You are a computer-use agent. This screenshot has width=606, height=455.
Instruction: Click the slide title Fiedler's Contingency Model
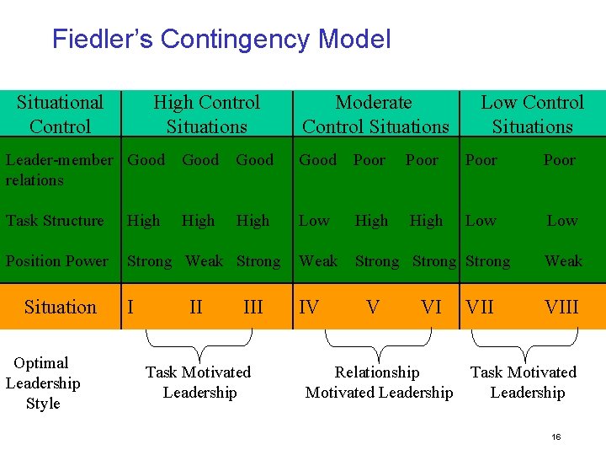(x=221, y=39)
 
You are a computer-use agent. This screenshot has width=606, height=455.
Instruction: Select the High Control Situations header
(x=206, y=114)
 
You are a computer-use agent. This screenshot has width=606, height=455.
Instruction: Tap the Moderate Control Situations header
(x=375, y=114)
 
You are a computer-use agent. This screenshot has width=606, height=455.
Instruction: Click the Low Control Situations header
(x=532, y=114)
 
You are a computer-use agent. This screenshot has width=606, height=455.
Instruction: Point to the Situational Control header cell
(x=60, y=114)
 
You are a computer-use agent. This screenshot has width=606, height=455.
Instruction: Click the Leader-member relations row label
(x=59, y=169)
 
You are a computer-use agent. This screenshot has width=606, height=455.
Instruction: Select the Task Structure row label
(x=55, y=221)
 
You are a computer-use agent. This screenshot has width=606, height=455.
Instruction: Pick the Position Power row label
(x=57, y=261)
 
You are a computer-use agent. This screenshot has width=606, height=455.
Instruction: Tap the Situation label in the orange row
(x=61, y=307)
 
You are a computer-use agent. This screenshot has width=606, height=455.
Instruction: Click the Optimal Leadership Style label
(x=43, y=383)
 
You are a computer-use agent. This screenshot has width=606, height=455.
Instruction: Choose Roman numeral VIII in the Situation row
(x=561, y=307)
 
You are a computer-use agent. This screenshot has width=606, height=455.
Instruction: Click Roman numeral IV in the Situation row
(x=309, y=307)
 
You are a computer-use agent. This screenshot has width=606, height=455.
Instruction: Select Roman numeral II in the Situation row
(x=196, y=307)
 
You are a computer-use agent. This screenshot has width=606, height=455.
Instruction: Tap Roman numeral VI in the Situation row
(x=431, y=307)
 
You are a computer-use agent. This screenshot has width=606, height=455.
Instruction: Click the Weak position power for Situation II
(x=205, y=261)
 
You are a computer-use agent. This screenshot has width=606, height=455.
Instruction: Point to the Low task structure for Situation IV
(x=314, y=221)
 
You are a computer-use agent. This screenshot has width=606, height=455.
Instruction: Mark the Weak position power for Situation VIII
(x=563, y=261)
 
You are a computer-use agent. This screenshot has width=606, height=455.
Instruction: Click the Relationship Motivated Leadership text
(x=379, y=383)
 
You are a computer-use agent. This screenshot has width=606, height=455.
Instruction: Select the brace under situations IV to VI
(x=379, y=342)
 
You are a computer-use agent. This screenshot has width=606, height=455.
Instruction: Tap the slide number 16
(x=555, y=436)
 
